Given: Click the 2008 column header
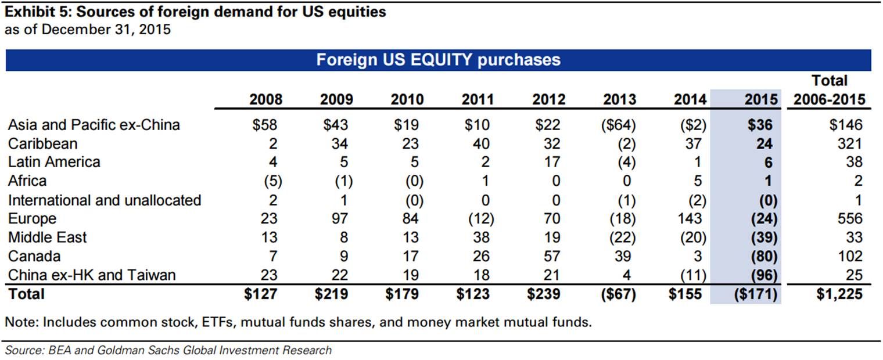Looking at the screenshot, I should tap(265, 99).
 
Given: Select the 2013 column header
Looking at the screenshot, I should tap(619, 99).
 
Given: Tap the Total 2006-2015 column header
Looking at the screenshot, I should tap(829, 90).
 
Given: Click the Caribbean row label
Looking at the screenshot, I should tap(42, 143).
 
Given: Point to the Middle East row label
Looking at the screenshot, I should tap(48, 237).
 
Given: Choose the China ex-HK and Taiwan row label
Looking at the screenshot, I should tap(92, 275).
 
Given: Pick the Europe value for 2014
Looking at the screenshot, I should tap(690, 218).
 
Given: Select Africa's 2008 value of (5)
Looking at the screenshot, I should tap(270, 181).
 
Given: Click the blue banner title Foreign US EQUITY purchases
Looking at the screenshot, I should tap(438, 60).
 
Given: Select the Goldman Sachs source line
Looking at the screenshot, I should tap(168, 350).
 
